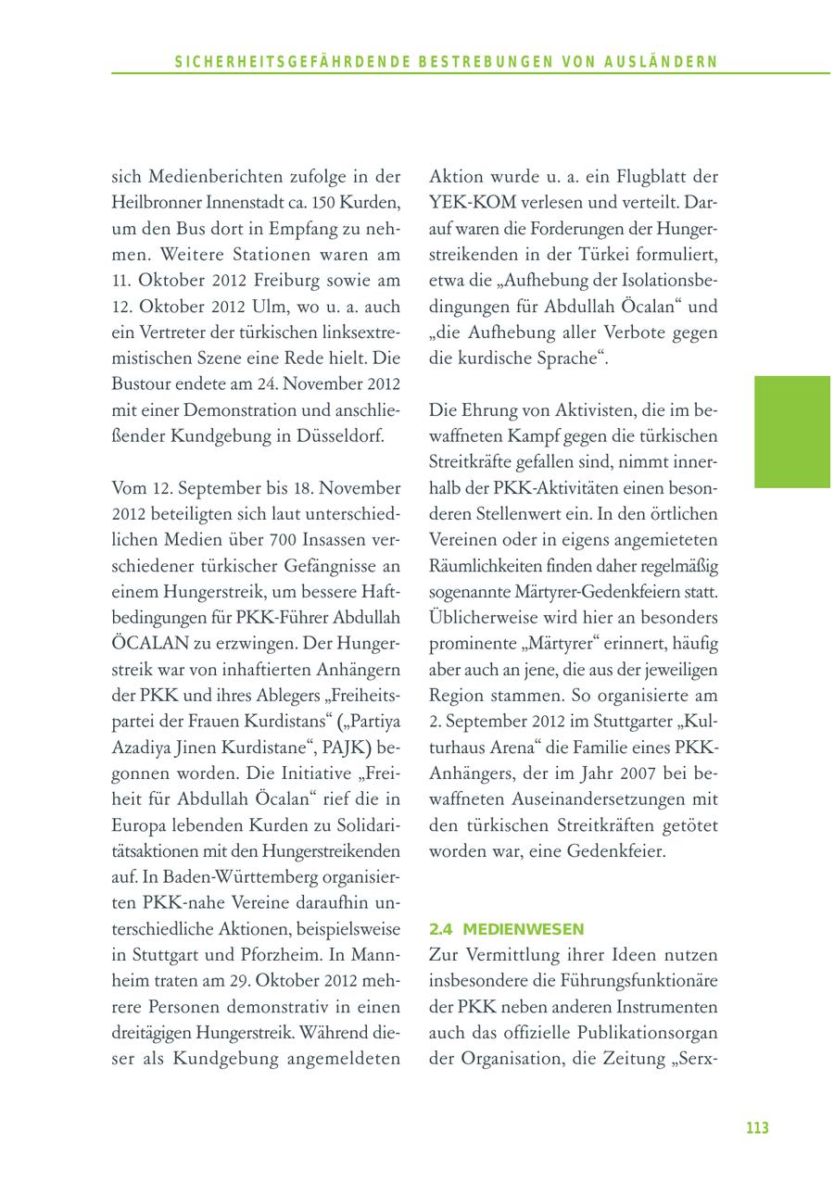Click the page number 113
pyautogui.click(x=757, y=1127)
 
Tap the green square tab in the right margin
pyautogui.click(x=791, y=431)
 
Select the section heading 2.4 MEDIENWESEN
pyautogui.click(x=506, y=928)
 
